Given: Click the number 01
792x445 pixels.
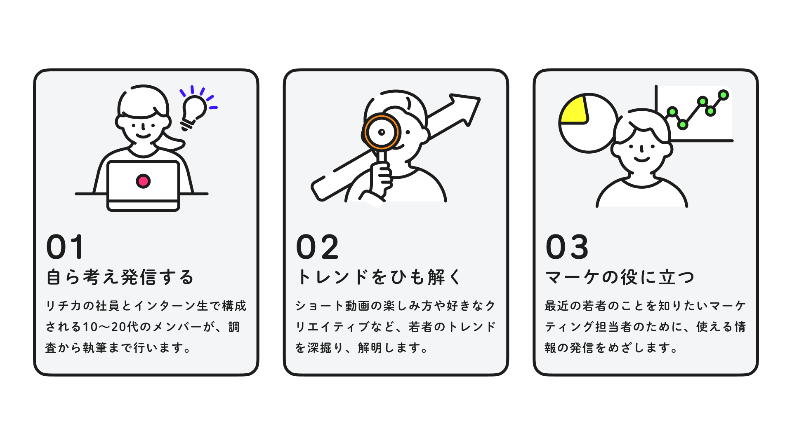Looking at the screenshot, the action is (66, 247).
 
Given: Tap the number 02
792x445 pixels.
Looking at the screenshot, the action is (318, 247).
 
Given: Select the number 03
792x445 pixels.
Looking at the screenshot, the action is (567, 247).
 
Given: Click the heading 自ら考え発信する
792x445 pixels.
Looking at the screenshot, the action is (120, 277).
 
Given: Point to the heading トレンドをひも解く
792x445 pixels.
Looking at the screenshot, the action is (379, 277).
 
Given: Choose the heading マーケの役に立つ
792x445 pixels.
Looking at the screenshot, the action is (620, 277).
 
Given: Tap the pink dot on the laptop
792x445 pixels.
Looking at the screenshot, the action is (143, 181).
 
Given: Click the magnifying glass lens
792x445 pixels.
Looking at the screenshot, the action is (382, 132).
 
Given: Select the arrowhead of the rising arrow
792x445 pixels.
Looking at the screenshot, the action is (466, 107).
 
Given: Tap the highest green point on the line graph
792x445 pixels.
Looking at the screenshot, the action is (723, 95).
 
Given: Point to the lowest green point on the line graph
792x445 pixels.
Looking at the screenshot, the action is (683, 124).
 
